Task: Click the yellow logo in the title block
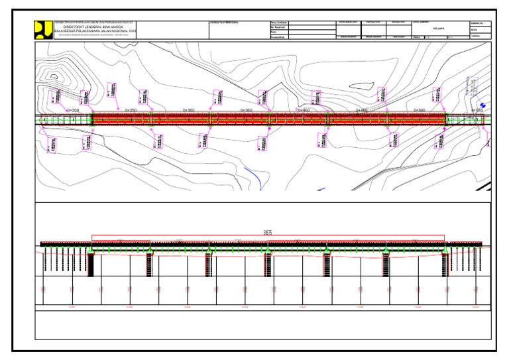click(43, 30)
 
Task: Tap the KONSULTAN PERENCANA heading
click(224, 23)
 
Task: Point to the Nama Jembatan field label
click(278, 23)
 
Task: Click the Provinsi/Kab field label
click(278, 37)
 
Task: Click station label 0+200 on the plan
click(72, 110)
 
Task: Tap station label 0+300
click(188, 110)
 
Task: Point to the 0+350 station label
click(245, 110)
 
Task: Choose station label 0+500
click(419, 110)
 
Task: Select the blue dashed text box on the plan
click(473, 86)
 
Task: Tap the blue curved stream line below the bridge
click(253, 176)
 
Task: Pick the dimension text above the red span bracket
click(268, 233)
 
